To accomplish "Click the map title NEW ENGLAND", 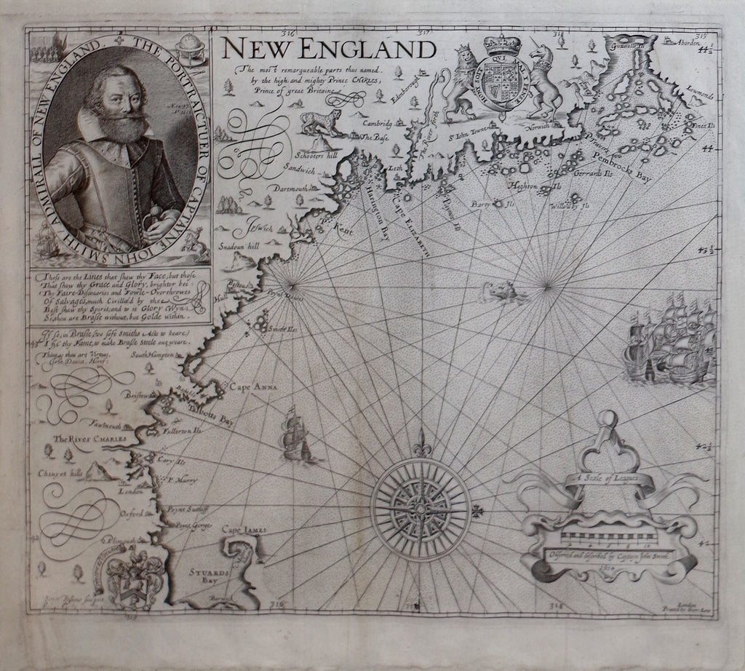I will point(330,49).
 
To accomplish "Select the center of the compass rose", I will point(421,509).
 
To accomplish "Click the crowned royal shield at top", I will point(501,77).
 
